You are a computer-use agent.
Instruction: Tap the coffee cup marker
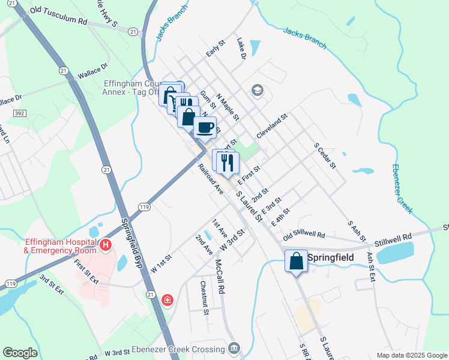(x=205, y=127)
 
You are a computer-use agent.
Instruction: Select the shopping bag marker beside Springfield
(x=296, y=261)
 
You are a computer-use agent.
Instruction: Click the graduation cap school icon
(x=258, y=90)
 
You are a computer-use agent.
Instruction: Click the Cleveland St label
(x=272, y=125)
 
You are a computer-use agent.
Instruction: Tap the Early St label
(x=215, y=49)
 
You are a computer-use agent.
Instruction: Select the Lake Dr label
(x=241, y=49)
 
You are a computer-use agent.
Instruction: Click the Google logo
(x=20, y=353)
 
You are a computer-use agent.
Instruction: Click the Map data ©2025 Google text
(x=411, y=355)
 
